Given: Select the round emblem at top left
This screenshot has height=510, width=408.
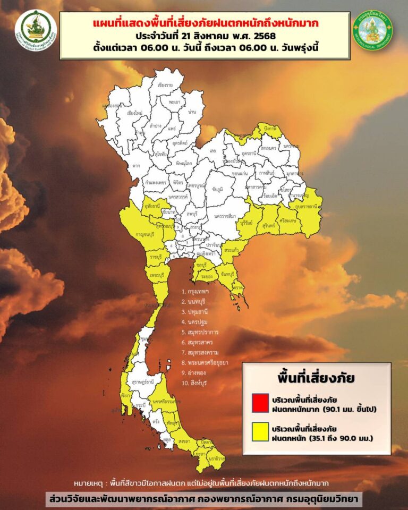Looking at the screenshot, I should coord(36,30).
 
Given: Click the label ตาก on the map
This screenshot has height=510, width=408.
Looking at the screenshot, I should coord(137,166).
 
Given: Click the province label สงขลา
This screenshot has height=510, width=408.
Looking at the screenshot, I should coord(184,441).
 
